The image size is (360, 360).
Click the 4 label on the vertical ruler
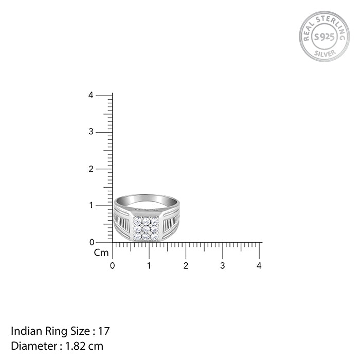pos(91,95)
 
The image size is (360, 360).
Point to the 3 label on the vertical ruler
pos(91,132)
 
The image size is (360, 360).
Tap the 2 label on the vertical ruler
pos(91,169)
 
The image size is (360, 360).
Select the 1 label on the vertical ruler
pos(91,205)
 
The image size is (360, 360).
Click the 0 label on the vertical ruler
pos(91,242)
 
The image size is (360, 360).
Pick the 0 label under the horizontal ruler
pos(113,266)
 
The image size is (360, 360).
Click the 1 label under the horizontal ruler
pos(149,266)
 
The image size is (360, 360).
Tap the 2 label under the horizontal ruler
pos(186,266)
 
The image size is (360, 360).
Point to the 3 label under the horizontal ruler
pos(223,266)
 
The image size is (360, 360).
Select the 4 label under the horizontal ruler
pos(259,266)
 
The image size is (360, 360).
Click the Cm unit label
pos(101,253)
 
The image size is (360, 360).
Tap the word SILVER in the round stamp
pos(324,53)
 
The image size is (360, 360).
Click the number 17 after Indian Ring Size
pos(104,331)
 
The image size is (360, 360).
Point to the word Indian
pos(25,331)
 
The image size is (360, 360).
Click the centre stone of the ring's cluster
pos(146,228)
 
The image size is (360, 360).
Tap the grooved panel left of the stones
pos(123,224)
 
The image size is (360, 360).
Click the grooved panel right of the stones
pos(170,224)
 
